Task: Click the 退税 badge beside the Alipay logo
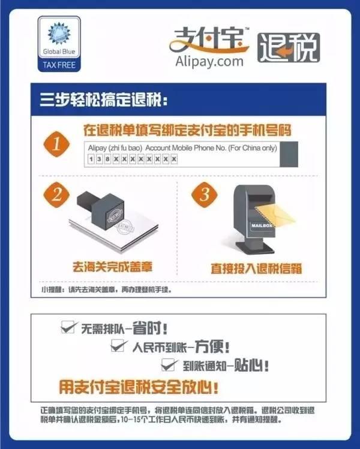click(x=288, y=47)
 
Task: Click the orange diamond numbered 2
click(x=55, y=194)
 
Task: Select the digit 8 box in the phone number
click(x=107, y=159)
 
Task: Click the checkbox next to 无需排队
click(x=68, y=327)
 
